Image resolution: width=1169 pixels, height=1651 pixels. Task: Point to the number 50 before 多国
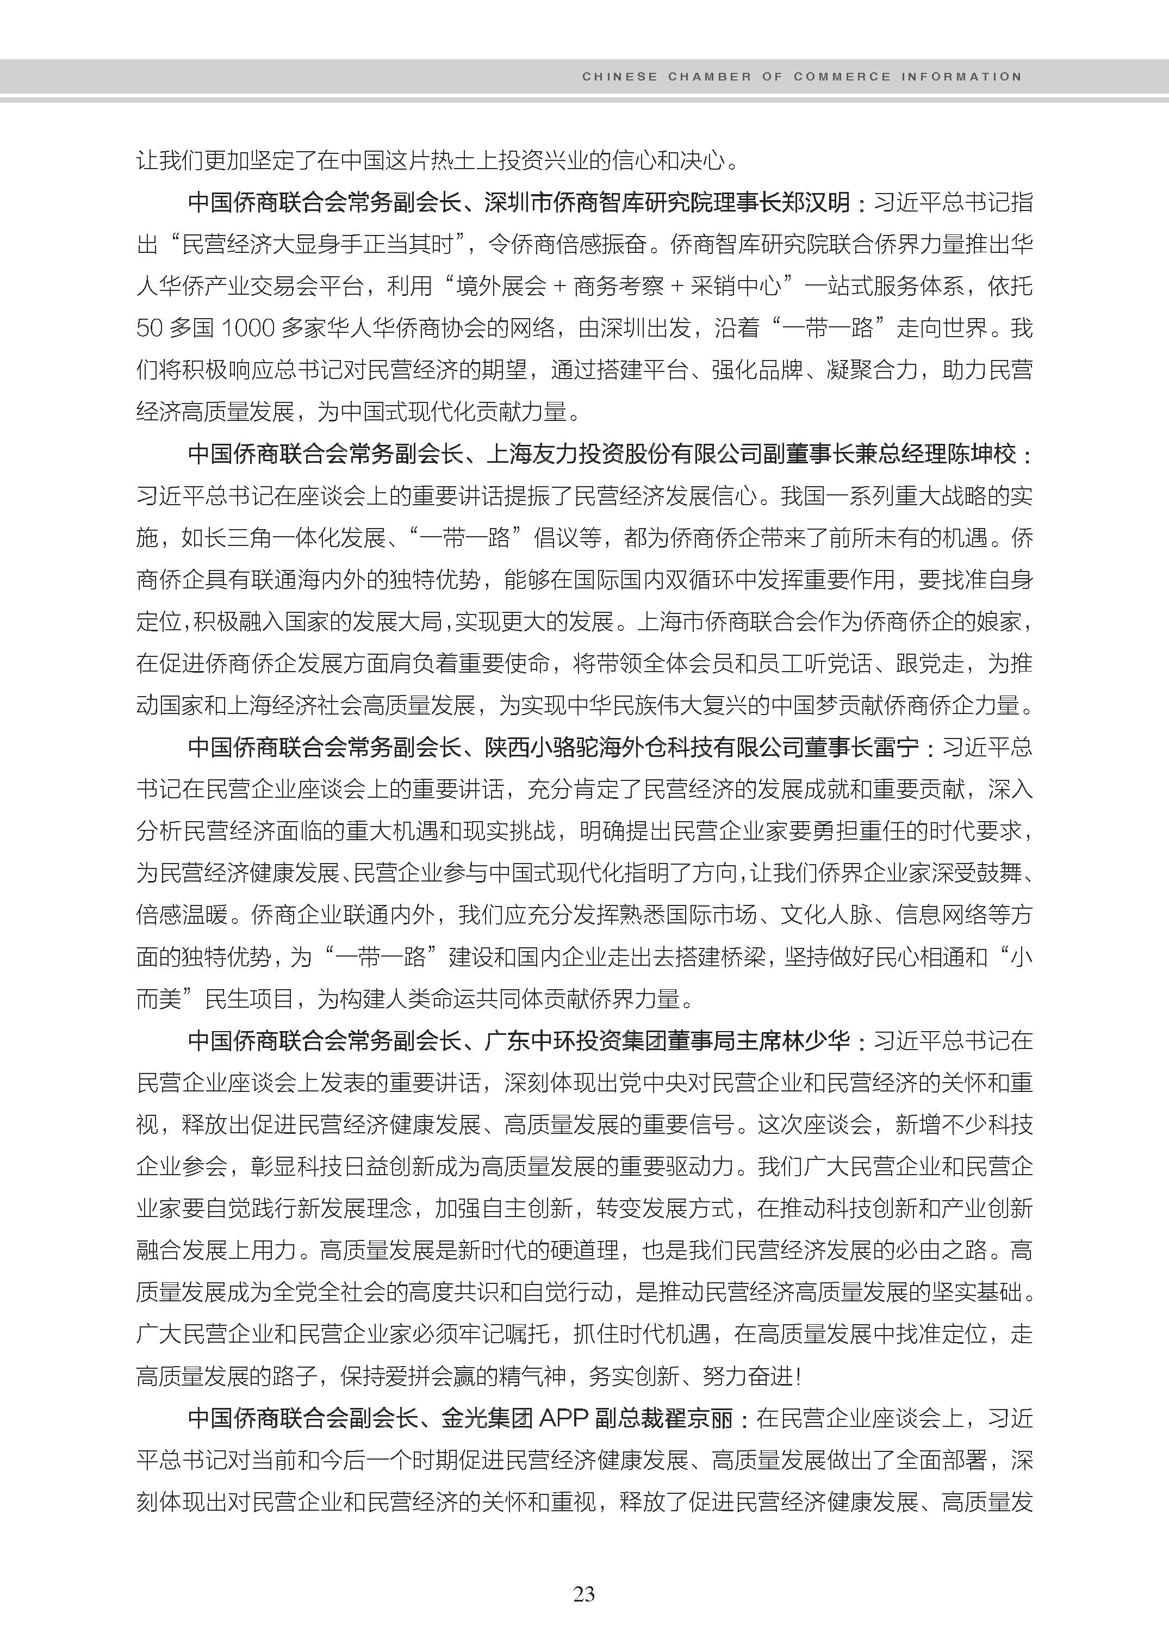149,328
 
